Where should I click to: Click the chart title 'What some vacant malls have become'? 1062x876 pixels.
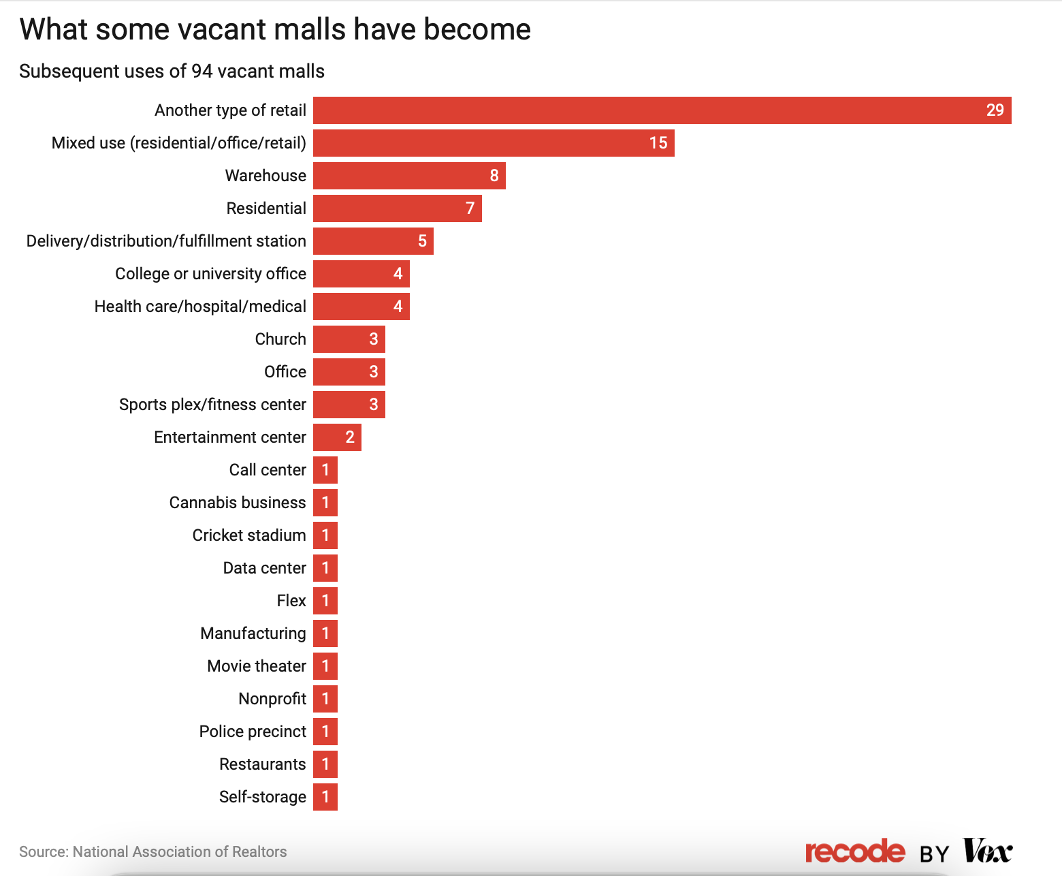click(x=275, y=30)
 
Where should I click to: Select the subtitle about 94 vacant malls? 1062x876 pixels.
click(x=172, y=72)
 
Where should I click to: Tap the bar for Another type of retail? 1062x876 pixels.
click(x=662, y=110)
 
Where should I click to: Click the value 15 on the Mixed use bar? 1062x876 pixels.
click(x=658, y=143)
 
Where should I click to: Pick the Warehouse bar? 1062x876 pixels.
click(x=408, y=176)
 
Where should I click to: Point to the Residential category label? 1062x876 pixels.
click(x=266, y=208)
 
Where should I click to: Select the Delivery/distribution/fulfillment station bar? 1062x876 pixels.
click(x=373, y=241)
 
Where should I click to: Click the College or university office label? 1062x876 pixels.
click(x=210, y=274)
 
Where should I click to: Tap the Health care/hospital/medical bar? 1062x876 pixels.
click(x=361, y=307)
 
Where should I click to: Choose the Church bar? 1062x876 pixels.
click(x=349, y=339)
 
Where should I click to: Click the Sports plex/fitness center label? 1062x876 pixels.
click(x=212, y=405)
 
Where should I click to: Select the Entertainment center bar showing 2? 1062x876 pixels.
click(x=337, y=437)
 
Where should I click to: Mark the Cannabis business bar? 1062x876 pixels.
click(x=325, y=503)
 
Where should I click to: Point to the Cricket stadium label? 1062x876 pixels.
click(x=249, y=535)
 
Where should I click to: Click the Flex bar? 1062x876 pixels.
click(x=325, y=601)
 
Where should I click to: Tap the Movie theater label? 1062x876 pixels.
click(x=257, y=666)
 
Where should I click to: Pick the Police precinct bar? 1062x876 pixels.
click(x=325, y=732)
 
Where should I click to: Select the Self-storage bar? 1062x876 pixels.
click(x=325, y=797)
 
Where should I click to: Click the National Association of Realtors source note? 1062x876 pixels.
click(x=152, y=851)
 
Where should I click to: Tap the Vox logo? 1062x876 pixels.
click(x=987, y=851)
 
